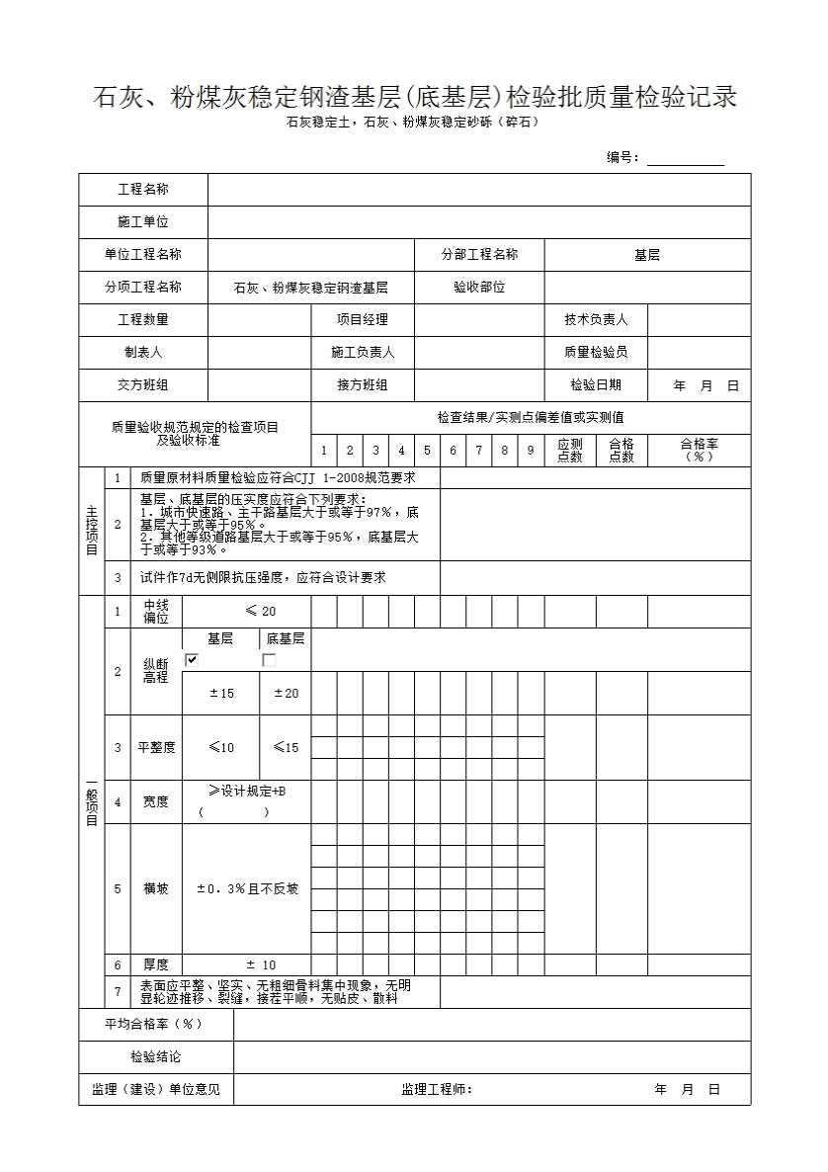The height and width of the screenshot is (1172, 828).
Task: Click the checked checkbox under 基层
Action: coord(192,659)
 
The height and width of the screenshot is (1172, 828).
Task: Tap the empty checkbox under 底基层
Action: coord(268,659)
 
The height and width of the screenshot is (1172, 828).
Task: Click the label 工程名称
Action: coord(143,190)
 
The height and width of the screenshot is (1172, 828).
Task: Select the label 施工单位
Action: coord(143,222)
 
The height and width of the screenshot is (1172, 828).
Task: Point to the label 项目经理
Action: coord(363,319)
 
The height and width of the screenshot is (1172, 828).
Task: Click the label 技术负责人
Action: coord(596,319)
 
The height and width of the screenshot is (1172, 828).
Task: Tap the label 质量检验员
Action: coord(596,352)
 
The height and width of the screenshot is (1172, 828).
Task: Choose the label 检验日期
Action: coord(596,385)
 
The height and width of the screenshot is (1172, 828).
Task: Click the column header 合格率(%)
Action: coord(699,451)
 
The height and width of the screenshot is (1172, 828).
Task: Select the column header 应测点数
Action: coord(570,451)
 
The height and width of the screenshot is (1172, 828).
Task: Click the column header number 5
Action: coord(427,451)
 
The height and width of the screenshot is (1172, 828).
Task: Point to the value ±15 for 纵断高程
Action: coord(221,694)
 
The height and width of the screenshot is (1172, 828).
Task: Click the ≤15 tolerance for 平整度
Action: coord(286,747)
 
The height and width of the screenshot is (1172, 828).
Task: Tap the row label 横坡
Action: coord(156,888)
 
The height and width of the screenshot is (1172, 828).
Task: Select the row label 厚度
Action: coord(156,964)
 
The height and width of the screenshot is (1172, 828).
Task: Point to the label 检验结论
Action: coord(156,1056)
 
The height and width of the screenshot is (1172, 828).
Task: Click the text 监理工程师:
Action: coord(437,1089)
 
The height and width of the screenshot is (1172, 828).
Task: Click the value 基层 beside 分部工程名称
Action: coord(647,255)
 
